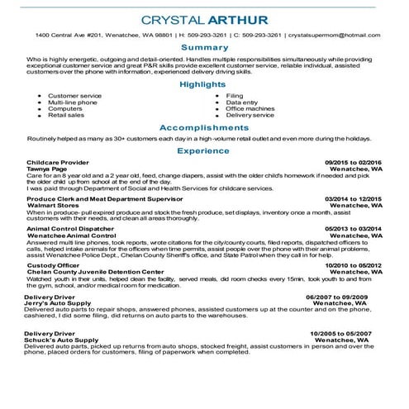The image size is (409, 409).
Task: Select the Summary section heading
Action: (204, 48)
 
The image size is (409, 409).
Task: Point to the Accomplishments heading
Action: (204, 128)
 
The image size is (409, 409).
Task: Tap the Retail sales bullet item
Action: (66, 115)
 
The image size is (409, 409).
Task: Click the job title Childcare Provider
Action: (58, 163)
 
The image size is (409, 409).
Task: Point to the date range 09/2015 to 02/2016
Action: (353, 163)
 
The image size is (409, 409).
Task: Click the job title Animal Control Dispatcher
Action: (70, 229)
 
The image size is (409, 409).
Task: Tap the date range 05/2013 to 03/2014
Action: (353, 229)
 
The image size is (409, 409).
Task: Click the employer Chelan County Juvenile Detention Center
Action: (95, 271)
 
